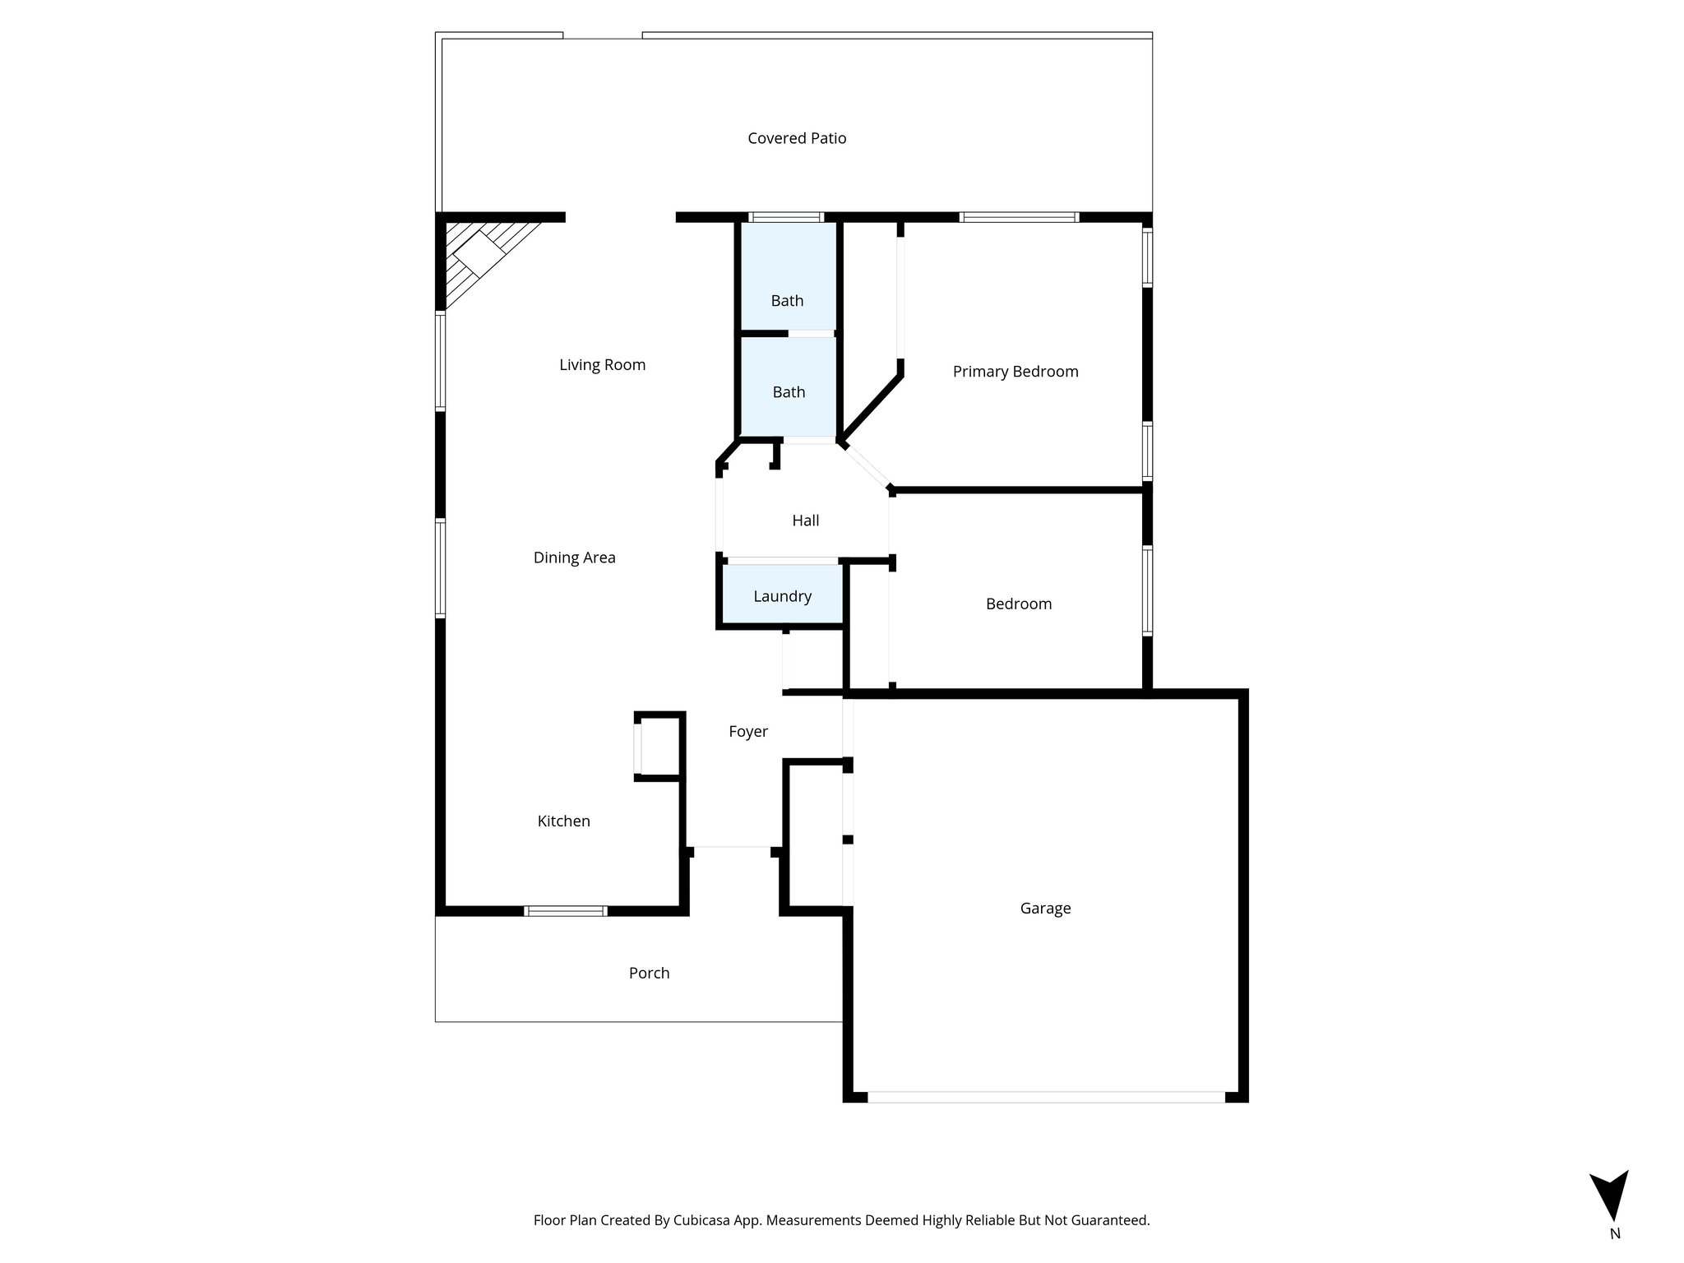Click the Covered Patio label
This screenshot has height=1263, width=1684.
(797, 138)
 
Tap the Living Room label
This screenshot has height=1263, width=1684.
(602, 365)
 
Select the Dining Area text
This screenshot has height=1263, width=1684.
(574, 557)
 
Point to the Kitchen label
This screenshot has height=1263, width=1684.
(563, 821)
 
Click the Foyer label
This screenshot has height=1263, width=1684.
(748, 731)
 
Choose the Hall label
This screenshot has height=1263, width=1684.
(805, 520)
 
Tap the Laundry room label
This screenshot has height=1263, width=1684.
(782, 596)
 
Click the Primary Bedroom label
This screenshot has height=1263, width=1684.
(1015, 372)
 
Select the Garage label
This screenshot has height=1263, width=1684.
(1045, 908)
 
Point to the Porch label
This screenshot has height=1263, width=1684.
(649, 973)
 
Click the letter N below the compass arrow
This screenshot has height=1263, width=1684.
(1615, 1256)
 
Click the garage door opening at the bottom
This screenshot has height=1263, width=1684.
(1046, 1096)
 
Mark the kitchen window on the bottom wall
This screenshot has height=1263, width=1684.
(566, 910)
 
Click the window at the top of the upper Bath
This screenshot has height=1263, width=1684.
(785, 218)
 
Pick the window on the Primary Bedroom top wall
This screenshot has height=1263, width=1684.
(1019, 218)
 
